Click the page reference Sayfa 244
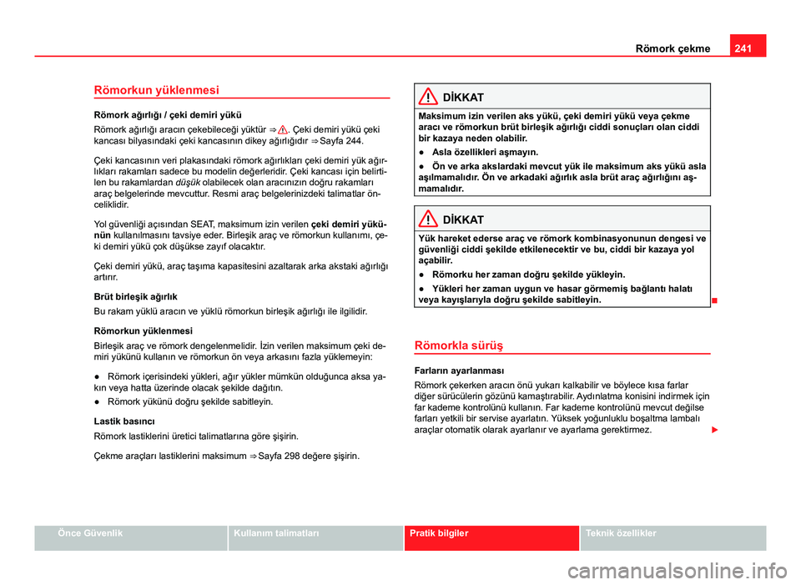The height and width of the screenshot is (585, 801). [346, 141]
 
